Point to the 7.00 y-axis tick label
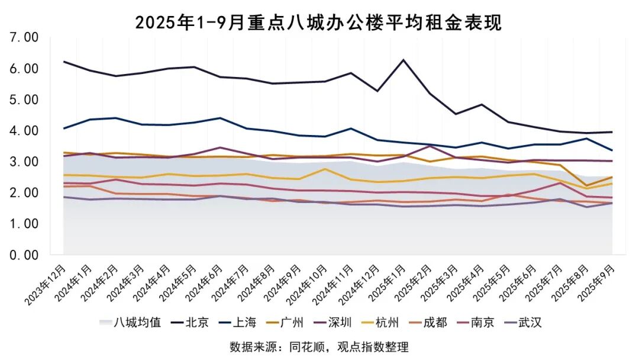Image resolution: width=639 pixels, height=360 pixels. (24, 38)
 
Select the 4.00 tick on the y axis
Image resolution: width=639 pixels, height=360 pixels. (24, 131)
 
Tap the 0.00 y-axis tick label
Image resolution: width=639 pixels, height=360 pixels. (24, 255)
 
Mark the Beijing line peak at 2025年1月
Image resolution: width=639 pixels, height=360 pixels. (404, 60)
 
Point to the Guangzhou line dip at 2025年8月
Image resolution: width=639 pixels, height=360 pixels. (586, 185)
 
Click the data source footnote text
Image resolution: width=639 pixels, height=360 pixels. (319, 347)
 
